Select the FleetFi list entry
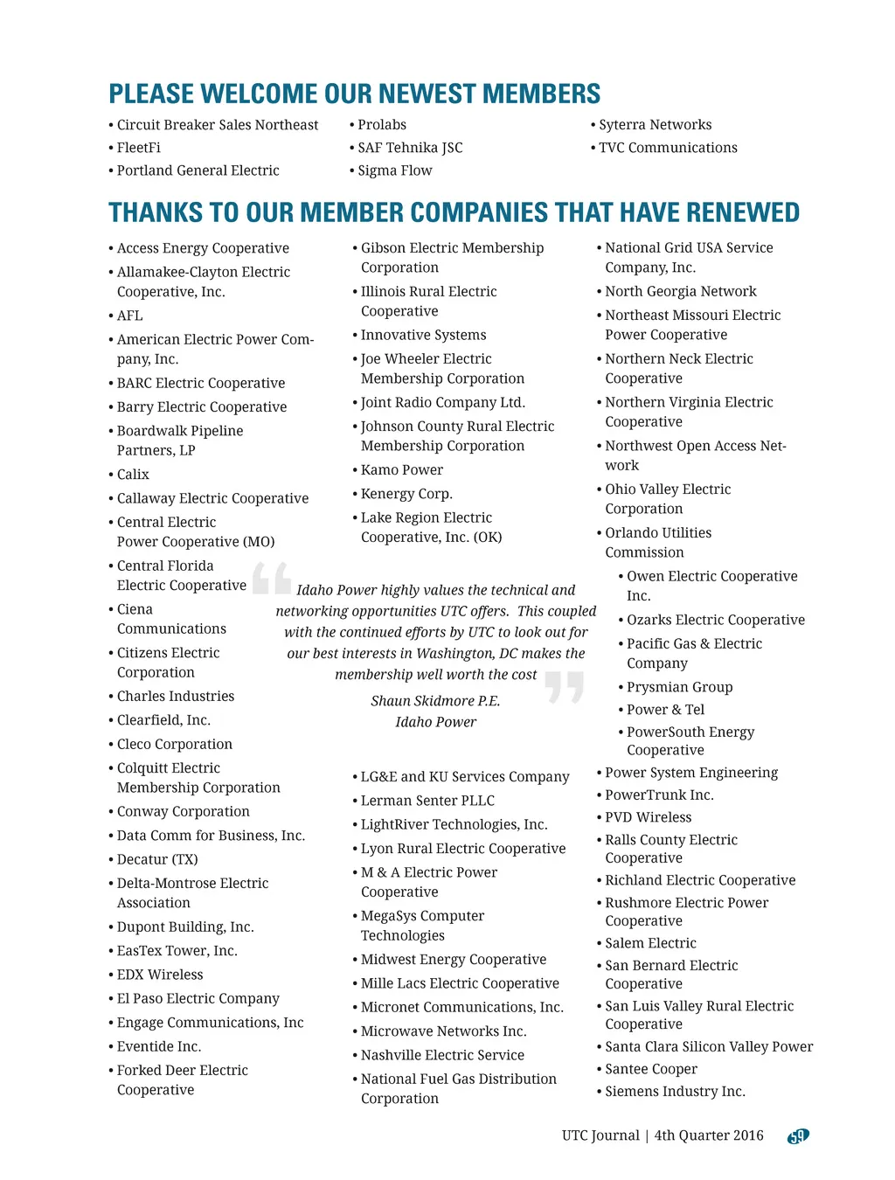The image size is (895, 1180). click(139, 148)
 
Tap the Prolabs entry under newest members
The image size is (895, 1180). click(382, 125)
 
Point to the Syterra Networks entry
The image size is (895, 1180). click(655, 125)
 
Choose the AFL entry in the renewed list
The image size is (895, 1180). click(129, 316)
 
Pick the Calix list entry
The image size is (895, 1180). click(133, 475)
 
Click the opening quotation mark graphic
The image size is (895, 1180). click(271, 579)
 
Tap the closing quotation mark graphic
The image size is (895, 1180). click(565, 687)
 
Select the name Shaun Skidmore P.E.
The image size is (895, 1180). click(435, 701)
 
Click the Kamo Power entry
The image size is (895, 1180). click(402, 470)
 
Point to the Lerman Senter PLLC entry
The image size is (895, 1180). click(427, 801)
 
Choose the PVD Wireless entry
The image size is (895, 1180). click(648, 817)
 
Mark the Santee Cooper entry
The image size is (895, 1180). click(651, 1069)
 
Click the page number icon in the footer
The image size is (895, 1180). click(798, 1136)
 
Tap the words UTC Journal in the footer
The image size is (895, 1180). click(600, 1135)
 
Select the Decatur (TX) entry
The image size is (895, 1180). click(157, 860)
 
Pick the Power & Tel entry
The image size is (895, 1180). click(665, 710)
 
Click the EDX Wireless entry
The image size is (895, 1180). click(160, 975)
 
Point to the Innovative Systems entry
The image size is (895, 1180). click(423, 335)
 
